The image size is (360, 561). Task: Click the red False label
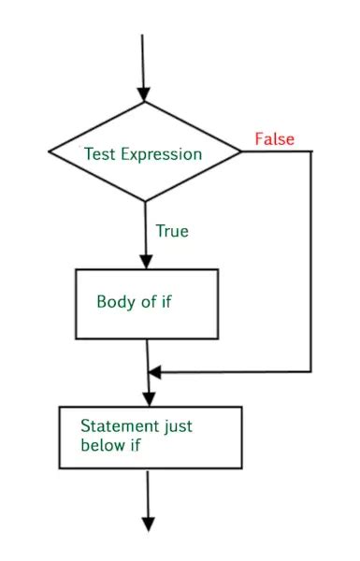pyautogui.click(x=274, y=139)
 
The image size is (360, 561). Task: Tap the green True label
pyautogui.click(x=171, y=230)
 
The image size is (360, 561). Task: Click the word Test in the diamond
pyautogui.click(x=100, y=153)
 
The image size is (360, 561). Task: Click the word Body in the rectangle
pyautogui.click(x=115, y=302)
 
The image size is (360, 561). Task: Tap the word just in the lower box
pyautogui.click(x=177, y=425)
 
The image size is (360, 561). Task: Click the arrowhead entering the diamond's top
pyautogui.click(x=143, y=94)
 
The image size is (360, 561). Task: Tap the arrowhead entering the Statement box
pyautogui.click(x=150, y=398)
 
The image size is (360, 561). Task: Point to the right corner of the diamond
pyautogui.click(x=240, y=151)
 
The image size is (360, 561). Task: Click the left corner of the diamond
pyautogui.click(x=48, y=151)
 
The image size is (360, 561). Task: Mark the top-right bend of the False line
pyautogui.click(x=310, y=151)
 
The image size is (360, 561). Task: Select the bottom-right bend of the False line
pyautogui.click(x=310, y=372)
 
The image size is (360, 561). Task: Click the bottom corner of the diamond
pyautogui.click(x=144, y=200)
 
